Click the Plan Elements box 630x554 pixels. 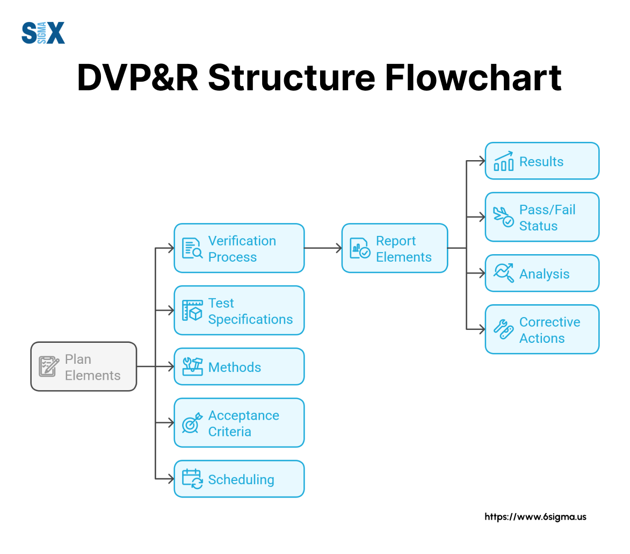click(83, 366)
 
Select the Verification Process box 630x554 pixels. click(239, 248)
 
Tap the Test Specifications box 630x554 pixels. click(239, 311)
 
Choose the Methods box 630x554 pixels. click(239, 366)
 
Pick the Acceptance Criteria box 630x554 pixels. click(239, 423)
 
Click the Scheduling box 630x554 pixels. click(239, 479)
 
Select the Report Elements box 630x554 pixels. click(395, 248)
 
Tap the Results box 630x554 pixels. click(542, 161)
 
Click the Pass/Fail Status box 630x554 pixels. click(542, 217)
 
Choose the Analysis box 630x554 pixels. click(542, 273)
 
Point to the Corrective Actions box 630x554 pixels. click(542, 329)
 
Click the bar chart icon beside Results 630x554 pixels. click(504, 161)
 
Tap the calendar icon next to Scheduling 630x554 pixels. click(192, 479)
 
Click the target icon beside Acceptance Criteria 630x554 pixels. click(192, 423)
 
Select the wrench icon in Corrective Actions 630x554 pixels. click(504, 329)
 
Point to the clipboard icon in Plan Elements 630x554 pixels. click(49, 366)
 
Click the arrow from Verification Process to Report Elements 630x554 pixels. click(323, 248)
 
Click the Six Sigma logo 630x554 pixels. click(44, 33)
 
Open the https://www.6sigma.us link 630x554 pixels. click(535, 517)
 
